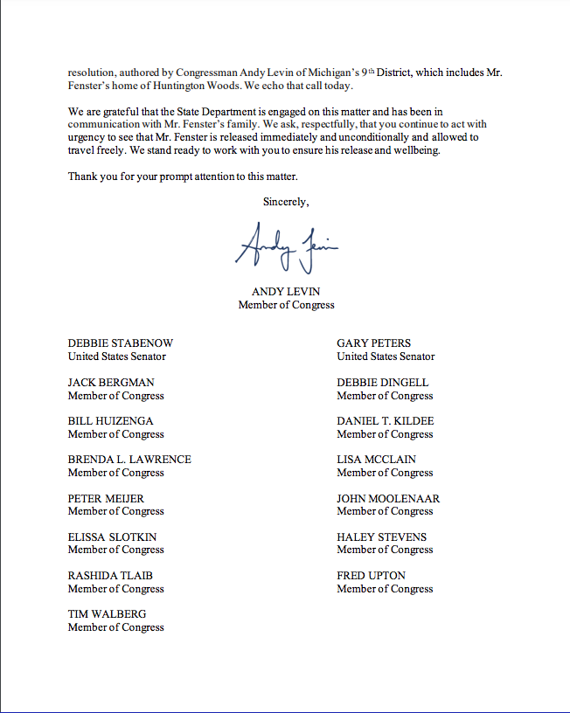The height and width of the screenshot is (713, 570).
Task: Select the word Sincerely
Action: coord(286,202)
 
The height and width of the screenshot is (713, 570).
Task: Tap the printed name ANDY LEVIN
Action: coord(286,292)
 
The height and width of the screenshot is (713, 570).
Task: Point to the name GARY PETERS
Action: coord(373,343)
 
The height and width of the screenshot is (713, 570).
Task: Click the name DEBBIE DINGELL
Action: coord(383,383)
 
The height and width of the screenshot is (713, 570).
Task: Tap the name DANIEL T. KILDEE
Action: coord(386,421)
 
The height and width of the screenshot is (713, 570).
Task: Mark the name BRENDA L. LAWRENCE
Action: coord(129,460)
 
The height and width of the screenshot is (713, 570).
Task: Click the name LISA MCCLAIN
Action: coord(376,460)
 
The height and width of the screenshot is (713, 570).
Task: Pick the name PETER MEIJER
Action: coord(106,498)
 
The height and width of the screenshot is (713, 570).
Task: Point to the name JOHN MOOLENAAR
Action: coord(388,498)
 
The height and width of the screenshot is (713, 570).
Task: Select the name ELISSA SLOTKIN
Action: coord(113,536)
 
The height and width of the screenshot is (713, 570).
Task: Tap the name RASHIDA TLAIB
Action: coord(110,576)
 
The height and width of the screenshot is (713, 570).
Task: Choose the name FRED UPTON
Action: coord(371,576)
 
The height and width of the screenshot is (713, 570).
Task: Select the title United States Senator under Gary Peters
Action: coord(386,356)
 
